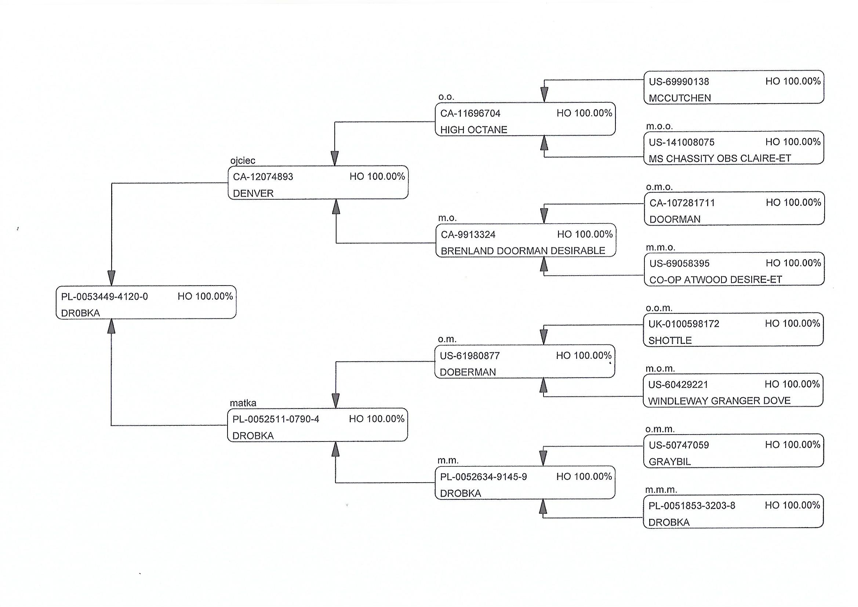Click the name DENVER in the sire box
pyautogui.click(x=253, y=193)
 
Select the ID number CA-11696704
pyautogui.click(x=470, y=113)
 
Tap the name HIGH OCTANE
pyautogui.click(x=473, y=130)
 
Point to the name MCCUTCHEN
pyautogui.click(x=680, y=98)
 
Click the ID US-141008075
pyautogui.click(x=681, y=142)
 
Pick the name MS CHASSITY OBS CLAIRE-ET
pyautogui.click(x=720, y=159)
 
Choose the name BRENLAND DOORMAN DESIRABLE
pyautogui.click(x=523, y=251)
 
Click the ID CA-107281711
pyautogui.click(x=682, y=203)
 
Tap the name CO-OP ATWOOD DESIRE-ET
pyautogui.click(x=716, y=280)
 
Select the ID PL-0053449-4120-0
pyautogui.click(x=104, y=297)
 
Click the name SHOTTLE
pyautogui.click(x=670, y=341)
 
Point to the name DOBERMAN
pyautogui.click(x=468, y=372)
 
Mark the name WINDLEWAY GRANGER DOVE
pyautogui.click(x=719, y=401)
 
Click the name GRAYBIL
pyautogui.click(x=670, y=462)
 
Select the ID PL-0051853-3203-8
pyautogui.click(x=692, y=506)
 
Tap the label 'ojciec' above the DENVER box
pyautogui.click(x=243, y=161)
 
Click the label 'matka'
pyautogui.click(x=243, y=403)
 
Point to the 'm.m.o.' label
pyautogui.click(x=661, y=247)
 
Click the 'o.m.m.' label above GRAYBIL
pyautogui.click(x=660, y=429)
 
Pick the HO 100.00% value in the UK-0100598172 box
pyautogui.click(x=792, y=324)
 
